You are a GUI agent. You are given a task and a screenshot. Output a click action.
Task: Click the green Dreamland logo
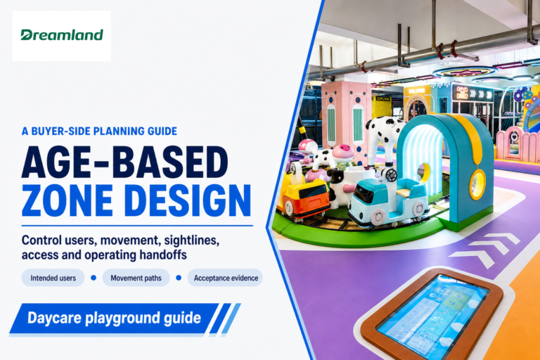tap(62, 34)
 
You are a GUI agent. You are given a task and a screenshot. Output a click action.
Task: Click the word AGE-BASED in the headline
tap(124, 162)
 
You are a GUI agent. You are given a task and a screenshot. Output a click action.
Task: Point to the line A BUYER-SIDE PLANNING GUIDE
tap(99, 131)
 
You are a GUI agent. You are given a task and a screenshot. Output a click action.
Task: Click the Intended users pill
tap(53, 278)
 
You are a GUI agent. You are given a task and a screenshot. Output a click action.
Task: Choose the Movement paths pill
tap(136, 278)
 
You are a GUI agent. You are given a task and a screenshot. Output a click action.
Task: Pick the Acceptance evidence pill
tap(226, 278)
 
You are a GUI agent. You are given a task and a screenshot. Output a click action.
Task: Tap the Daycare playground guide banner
tap(114, 318)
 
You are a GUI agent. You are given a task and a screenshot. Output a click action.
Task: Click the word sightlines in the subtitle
tap(191, 240)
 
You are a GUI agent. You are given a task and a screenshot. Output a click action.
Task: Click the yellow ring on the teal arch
tap(477, 185)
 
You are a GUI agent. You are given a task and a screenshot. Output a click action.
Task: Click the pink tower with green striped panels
tap(347, 121)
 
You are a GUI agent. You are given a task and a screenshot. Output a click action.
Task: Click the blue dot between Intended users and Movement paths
tap(94, 278)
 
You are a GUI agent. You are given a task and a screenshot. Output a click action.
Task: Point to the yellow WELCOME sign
tap(416, 91)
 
